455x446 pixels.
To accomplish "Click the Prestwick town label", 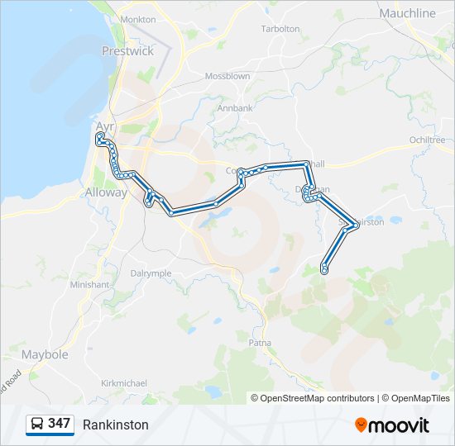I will point(127,50).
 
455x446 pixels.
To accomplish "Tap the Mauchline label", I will point(407,13).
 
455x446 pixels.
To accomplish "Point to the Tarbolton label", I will point(280,28).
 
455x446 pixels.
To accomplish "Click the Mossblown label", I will point(227,76).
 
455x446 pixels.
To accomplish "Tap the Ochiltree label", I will point(428,140).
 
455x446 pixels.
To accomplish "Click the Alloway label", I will point(107,192).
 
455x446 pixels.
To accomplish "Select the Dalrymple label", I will point(151,273).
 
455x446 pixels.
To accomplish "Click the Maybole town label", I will point(45,354).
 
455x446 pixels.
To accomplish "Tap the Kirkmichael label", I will point(123,383).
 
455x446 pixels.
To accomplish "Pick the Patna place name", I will point(260,341).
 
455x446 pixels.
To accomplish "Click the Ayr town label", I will point(105,126).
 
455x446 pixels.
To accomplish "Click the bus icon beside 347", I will point(37,424).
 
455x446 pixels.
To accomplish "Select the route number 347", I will point(59,424).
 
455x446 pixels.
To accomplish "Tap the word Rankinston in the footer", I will point(116,425).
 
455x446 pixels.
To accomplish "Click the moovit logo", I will point(392,425).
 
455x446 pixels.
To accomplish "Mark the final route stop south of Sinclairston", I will point(324,270).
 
